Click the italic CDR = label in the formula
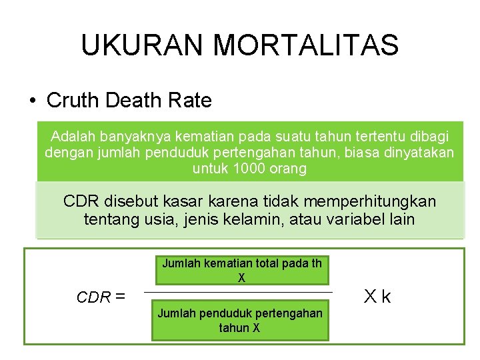click(101, 297)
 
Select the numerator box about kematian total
click(241, 270)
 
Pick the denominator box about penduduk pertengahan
click(240, 321)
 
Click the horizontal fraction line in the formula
click(238, 292)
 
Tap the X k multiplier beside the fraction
click(376, 296)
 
